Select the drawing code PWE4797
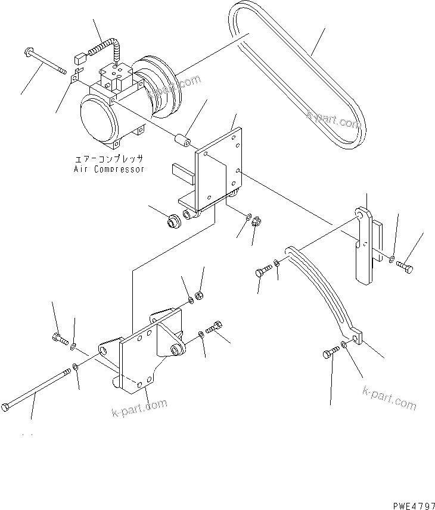pyautogui.click(x=410, y=504)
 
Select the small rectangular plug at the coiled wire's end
pyautogui.click(x=78, y=58)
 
